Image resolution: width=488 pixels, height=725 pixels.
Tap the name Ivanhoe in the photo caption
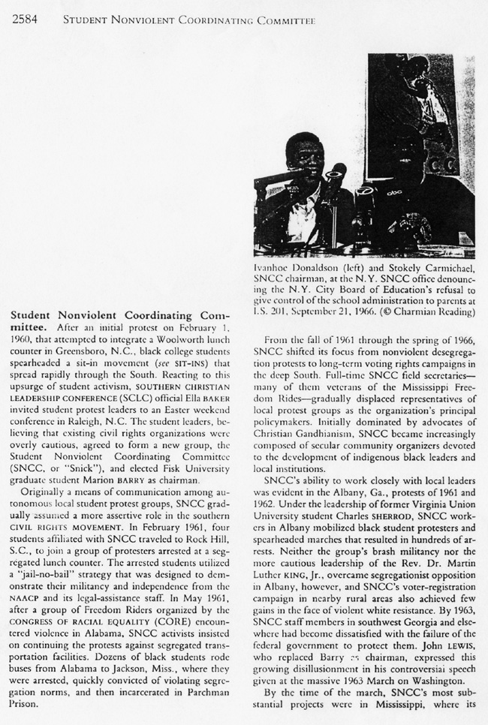point(275,268)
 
